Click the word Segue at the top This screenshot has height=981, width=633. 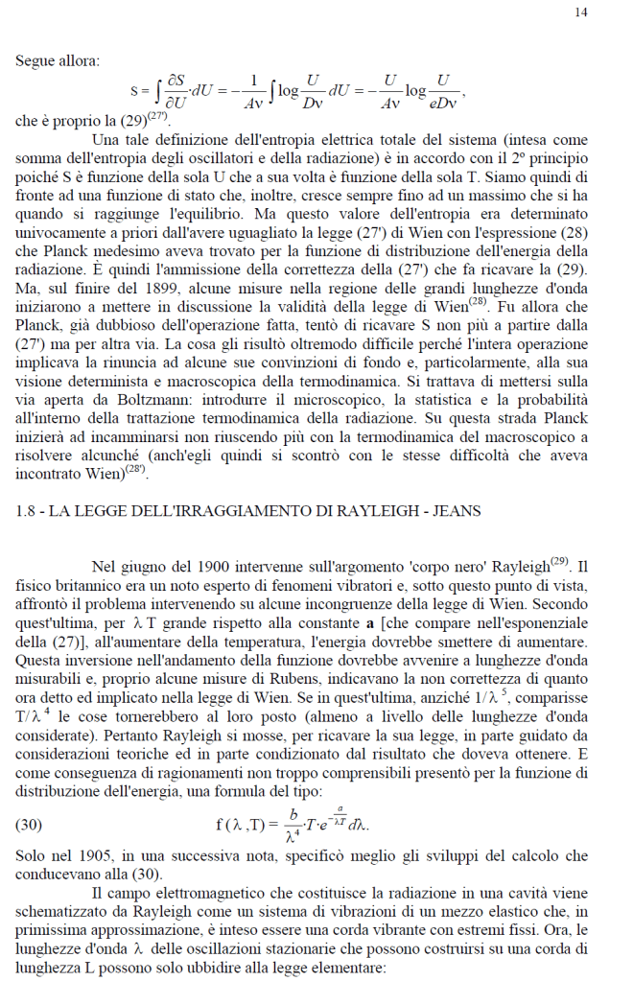34,61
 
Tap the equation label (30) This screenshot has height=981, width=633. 32,822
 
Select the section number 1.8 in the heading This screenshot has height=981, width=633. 25,511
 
